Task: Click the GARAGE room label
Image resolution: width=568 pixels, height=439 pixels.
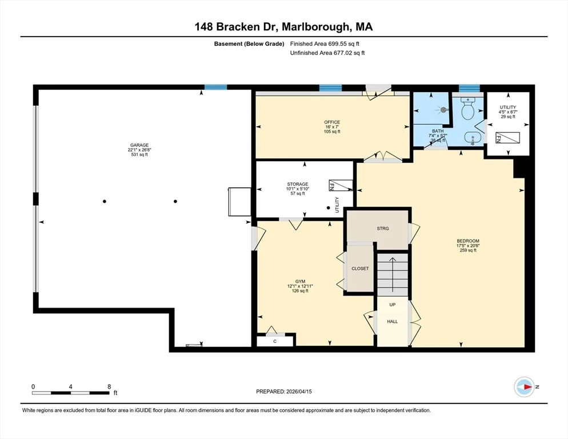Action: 139,145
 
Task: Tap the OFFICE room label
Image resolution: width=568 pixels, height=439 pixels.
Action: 332,122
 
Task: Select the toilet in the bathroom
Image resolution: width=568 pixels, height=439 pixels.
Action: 467,108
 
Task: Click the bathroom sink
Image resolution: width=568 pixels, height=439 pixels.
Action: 473,138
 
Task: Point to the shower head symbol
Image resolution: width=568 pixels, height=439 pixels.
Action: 443,109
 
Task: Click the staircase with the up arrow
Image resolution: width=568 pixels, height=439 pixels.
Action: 393,275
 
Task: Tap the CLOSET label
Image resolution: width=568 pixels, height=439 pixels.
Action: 360,269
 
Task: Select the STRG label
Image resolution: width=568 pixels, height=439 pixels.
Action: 383,229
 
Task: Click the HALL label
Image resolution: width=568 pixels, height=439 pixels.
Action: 393,322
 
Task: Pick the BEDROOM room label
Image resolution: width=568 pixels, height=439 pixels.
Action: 468,241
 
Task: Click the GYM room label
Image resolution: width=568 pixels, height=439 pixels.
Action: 300,281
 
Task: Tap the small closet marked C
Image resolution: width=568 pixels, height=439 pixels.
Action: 275,341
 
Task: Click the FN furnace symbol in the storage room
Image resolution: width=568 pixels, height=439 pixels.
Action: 341,185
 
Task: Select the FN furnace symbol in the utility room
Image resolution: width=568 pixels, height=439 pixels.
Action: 507,138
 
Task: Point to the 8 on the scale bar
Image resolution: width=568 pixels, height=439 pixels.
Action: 109,387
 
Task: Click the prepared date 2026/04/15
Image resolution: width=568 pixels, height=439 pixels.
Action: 299,392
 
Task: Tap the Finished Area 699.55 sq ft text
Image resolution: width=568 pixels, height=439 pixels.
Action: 325,44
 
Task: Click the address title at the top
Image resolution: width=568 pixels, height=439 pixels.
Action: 283,27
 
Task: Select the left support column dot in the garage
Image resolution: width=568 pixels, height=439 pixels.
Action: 105,202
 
